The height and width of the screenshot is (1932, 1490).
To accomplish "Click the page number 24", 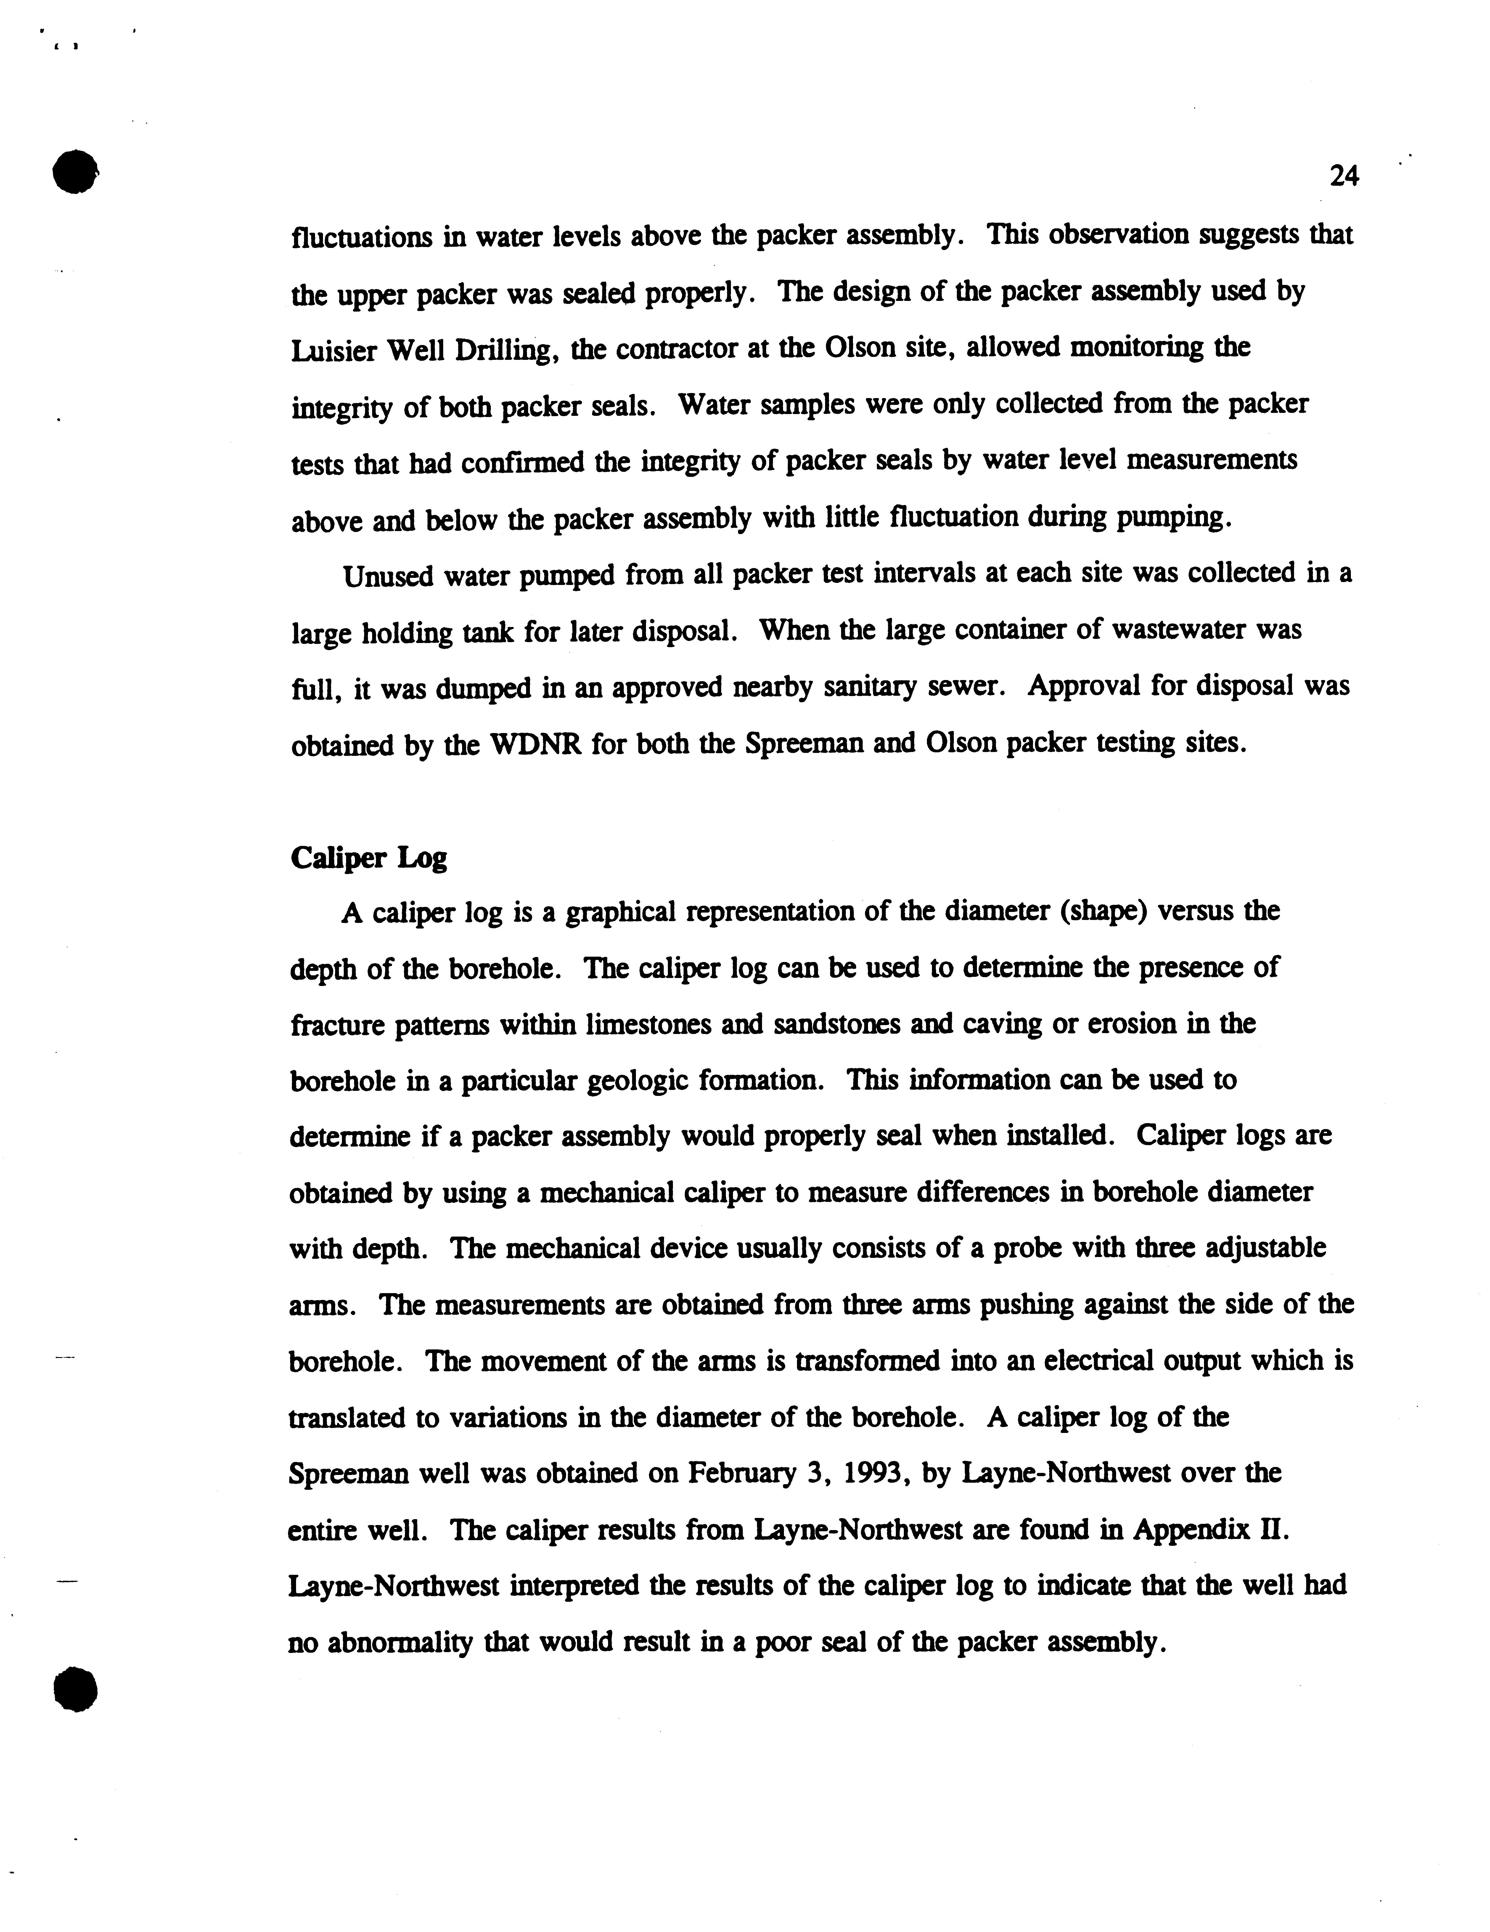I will pos(1343,177).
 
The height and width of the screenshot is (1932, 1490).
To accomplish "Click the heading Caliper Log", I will pos(369,858).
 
